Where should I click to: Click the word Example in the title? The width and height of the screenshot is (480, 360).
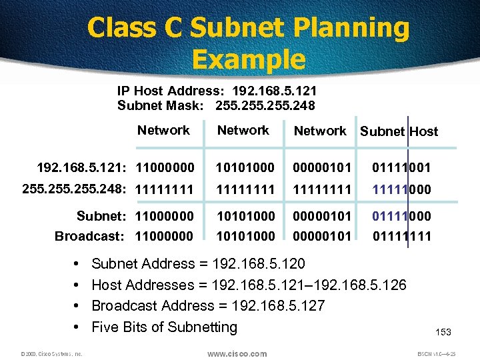pyautogui.click(x=248, y=59)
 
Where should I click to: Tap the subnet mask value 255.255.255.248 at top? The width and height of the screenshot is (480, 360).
pyautogui.click(x=265, y=105)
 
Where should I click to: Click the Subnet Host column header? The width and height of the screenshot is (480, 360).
pyautogui.click(x=399, y=131)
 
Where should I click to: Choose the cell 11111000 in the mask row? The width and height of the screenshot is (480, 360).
pyautogui.click(x=402, y=189)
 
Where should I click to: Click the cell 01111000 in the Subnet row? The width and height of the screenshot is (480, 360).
pyautogui.click(x=402, y=216)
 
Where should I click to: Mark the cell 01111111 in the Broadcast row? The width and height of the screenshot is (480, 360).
pyautogui.click(x=402, y=236)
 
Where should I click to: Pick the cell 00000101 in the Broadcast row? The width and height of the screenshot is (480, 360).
pyautogui.click(x=322, y=236)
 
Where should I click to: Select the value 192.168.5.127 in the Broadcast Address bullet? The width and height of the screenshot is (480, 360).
pyautogui.click(x=276, y=306)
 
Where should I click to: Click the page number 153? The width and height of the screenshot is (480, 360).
pyautogui.click(x=443, y=332)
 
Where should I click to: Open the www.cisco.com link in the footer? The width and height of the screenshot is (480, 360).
pyautogui.click(x=237, y=354)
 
